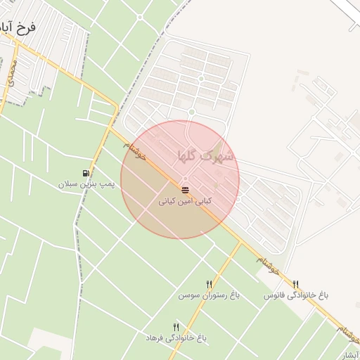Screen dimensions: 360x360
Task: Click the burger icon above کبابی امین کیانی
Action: (x=185, y=190)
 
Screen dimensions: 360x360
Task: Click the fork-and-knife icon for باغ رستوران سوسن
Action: (x=209, y=284)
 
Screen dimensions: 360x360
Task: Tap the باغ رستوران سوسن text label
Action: (x=209, y=296)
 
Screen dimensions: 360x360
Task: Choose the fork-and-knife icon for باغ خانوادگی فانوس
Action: (x=295, y=284)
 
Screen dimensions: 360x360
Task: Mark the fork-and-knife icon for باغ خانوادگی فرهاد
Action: (x=176, y=326)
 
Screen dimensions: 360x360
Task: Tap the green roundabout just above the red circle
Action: (x=191, y=112)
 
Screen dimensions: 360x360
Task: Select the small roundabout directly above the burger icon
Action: (x=185, y=179)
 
